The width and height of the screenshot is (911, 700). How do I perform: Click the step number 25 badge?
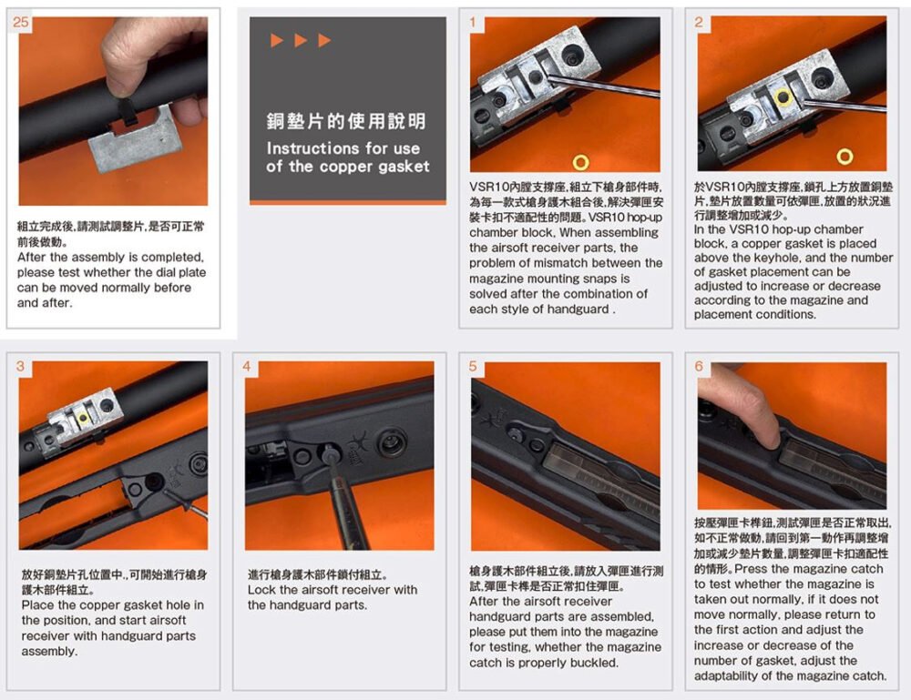pyautogui.click(x=20, y=22)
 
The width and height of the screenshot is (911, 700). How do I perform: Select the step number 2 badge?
pyautogui.click(x=699, y=22)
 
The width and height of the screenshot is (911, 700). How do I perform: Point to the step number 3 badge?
pyautogui.click(x=20, y=366)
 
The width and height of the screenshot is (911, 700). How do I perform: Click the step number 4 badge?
pyautogui.click(x=247, y=366)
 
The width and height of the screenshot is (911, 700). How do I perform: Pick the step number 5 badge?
pyautogui.click(x=472, y=366)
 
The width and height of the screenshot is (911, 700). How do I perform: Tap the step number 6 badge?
pyautogui.click(x=699, y=366)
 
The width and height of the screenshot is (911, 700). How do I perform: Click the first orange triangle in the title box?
pyautogui.click(x=277, y=40)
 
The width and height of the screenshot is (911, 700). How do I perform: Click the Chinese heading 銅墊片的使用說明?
pyautogui.click(x=347, y=121)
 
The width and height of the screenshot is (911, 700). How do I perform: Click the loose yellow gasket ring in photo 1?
pyautogui.click(x=580, y=162)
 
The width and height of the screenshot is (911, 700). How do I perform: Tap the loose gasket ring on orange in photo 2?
pyautogui.click(x=844, y=157)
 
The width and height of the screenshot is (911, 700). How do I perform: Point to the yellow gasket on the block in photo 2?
pyautogui.click(x=783, y=97)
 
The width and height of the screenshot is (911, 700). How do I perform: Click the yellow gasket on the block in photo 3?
pyautogui.click(x=83, y=418)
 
